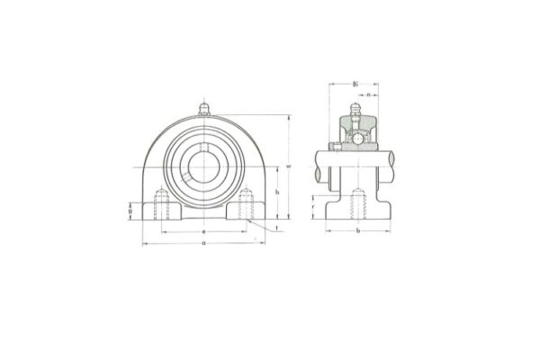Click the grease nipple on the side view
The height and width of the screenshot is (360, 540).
355,113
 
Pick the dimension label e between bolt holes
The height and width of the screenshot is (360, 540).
202,231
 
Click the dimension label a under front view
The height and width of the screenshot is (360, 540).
202,243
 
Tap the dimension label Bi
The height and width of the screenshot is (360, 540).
355,82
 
